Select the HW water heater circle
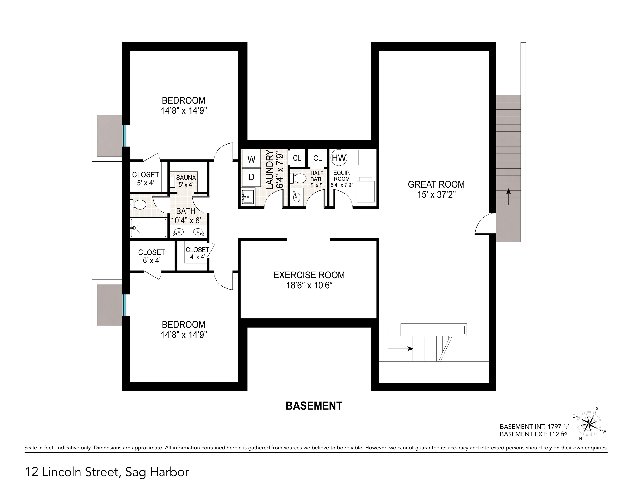[x=339, y=158]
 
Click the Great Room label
[x=436, y=184]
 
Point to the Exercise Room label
[x=309, y=275]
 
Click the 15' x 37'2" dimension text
[x=436, y=194]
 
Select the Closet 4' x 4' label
[x=197, y=253]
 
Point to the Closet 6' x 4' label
[x=152, y=256]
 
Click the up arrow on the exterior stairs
[x=508, y=197]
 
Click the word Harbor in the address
[x=169, y=472]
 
